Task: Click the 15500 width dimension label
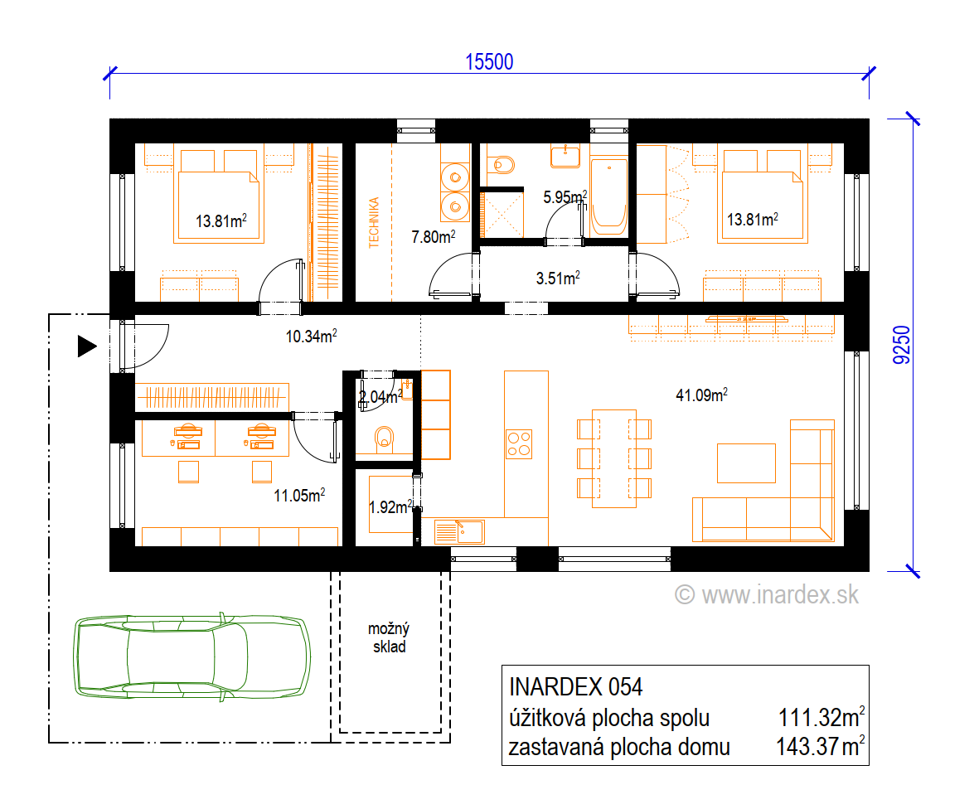(489, 62)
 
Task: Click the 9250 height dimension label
(902, 345)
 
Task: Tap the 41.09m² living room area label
(701, 395)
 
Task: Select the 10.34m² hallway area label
(311, 336)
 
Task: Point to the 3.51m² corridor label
(558, 278)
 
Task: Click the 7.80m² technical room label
(433, 236)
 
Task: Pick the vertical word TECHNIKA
(374, 222)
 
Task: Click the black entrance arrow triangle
(87, 346)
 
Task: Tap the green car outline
(192, 656)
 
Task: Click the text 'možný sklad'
(389, 637)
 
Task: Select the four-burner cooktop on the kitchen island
(519, 443)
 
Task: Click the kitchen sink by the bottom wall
(459, 532)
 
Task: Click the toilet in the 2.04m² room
(384, 438)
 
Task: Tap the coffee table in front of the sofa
(746, 463)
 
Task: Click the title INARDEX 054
(575, 686)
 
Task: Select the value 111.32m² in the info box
(821, 717)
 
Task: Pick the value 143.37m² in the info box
(820, 747)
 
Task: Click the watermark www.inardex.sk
(780, 595)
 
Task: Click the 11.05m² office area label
(299, 496)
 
